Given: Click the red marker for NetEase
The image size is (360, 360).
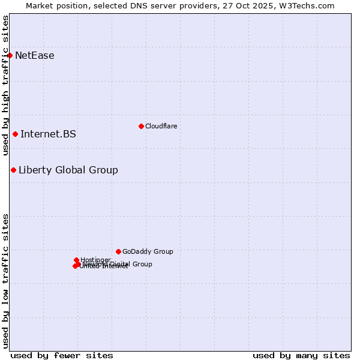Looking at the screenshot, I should (x=10, y=56).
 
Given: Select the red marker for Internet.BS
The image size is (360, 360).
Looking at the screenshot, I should (x=15, y=134).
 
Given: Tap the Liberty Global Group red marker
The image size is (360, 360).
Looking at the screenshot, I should (x=13, y=170).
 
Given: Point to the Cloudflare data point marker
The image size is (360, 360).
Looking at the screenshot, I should (x=141, y=126).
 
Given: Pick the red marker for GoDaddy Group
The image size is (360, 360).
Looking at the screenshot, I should (x=118, y=251).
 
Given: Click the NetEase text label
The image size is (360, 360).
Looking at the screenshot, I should (x=35, y=56).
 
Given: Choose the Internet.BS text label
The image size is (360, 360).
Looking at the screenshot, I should (x=48, y=134).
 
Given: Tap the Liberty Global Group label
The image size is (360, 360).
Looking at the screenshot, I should (x=68, y=170).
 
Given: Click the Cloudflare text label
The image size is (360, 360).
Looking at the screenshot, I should (x=161, y=126).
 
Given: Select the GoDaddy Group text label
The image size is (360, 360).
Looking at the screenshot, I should (x=148, y=252).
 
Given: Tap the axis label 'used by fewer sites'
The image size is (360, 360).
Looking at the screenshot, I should (x=62, y=355).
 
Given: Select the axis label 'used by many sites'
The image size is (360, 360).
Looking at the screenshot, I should (x=301, y=355).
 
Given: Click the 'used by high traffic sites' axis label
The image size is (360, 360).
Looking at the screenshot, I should (x=5, y=85).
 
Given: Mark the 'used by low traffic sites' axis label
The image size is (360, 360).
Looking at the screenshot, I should (x=5, y=280).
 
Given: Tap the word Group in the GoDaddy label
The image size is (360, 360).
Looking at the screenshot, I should (x=163, y=252).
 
